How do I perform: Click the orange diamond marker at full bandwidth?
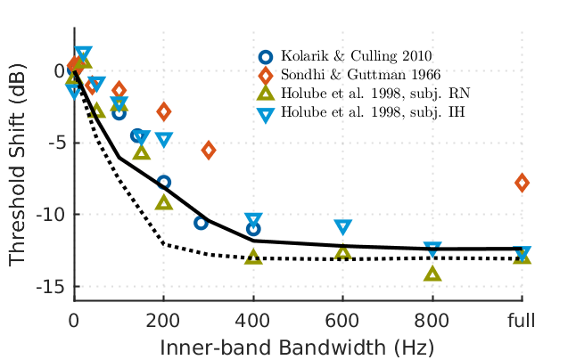[522, 183]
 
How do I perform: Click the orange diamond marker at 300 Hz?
[209, 150]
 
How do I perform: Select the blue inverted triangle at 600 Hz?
[343, 228]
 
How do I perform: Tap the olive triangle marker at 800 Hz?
[432, 273]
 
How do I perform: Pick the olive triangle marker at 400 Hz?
[253, 256]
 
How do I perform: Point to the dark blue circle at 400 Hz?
[253, 229]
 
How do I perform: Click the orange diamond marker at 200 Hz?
[164, 111]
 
